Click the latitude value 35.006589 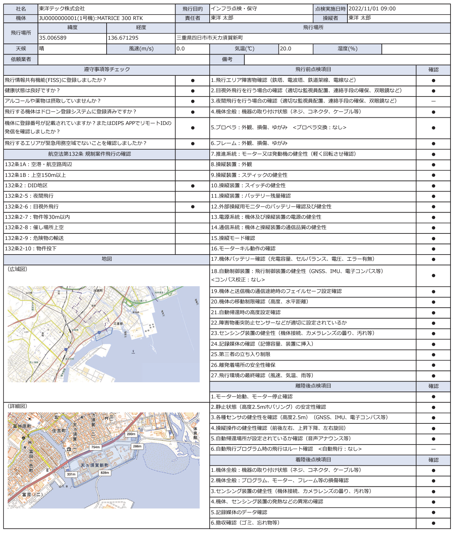click(x=53, y=38)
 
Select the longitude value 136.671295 click(x=123, y=38)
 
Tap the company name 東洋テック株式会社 click(x=62, y=8)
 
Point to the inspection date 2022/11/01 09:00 click(x=372, y=8)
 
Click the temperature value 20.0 click(x=285, y=49)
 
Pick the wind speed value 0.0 click(x=181, y=49)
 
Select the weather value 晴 click(x=42, y=49)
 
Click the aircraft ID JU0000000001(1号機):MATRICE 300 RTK click(x=91, y=18)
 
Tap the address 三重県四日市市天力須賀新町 click(x=210, y=38)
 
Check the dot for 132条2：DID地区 click(x=193, y=186)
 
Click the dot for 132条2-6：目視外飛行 click(x=193, y=207)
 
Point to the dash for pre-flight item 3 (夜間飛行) click(x=433, y=101)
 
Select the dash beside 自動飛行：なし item click(x=433, y=449)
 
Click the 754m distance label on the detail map click(x=95, y=447)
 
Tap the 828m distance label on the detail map click(x=104, y=473)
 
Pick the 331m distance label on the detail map click(x=71, y=474)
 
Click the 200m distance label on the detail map click(x=131, y=434)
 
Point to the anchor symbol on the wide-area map click(x=133, y=352)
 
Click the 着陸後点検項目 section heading click(x=313, y=460)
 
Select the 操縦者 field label click(x=330, y=18)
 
